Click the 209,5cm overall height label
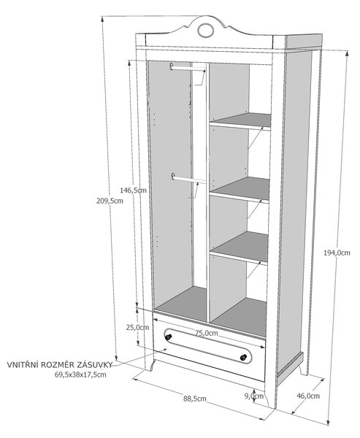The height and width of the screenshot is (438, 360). [x=110, y=201]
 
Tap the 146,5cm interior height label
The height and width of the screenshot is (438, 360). [x=134, y=191]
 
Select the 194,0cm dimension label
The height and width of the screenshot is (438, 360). [x=337, y=253]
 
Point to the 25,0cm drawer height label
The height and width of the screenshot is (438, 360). [x=137, y=327]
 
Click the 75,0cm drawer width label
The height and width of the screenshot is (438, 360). [x=206, y=333]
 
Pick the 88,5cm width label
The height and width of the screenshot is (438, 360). [x=195, y=399]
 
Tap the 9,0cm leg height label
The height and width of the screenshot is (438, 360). [x=254, y=396]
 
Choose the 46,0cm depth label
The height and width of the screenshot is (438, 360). [x=308, y=396]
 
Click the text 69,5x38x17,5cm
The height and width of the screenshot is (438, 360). [x=80, y=375]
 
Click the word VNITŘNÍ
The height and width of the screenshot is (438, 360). [x=23, y=365]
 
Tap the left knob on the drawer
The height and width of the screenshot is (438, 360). [x=168, y=337]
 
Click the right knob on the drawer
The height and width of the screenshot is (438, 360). [x=243, y=357]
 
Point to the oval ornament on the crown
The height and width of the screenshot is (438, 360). [x=206, y=30]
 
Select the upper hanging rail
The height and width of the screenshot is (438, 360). [x=188, y=69]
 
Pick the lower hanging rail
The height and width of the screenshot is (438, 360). [x=188, y=179]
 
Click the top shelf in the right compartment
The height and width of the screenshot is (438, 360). [x=240, y=121]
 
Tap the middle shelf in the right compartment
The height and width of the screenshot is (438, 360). [x=240, y=189]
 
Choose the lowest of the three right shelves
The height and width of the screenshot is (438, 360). [x=239, y=247]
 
